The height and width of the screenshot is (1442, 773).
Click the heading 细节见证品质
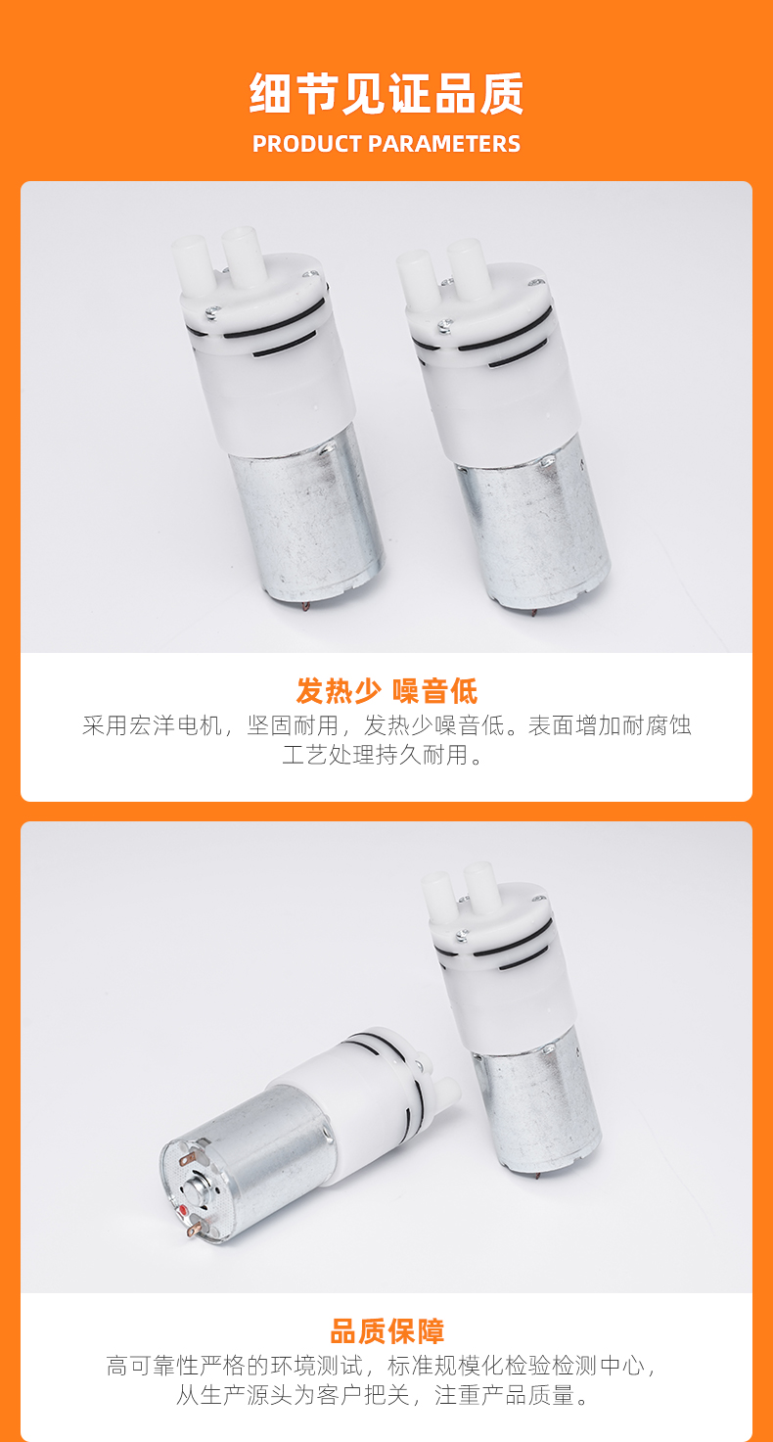pos(386,94)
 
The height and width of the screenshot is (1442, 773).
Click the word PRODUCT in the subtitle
pos(306,144)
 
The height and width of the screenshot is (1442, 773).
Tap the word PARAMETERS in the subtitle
pos(443,144)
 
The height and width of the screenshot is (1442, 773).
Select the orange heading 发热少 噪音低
pos(386,691)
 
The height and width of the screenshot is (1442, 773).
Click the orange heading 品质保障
pos(386,1331)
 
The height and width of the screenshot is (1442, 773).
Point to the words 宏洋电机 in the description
pos(175,725)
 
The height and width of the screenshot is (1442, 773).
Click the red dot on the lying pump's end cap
pos(185,1209)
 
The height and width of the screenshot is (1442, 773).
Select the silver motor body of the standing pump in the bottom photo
pos(537,1100)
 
